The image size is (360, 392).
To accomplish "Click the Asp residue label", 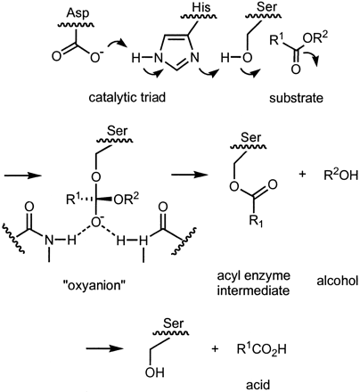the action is coord(78,13).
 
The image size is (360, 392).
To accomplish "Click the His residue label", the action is coord(200,7).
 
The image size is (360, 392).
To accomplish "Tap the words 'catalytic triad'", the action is coord(127,98).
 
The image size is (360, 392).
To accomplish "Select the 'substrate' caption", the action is coord(296,98).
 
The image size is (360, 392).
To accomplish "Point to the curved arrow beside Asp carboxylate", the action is coord(117,45).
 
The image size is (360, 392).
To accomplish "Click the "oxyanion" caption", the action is coord(94,285).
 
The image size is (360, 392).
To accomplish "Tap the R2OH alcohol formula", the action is coord(341,176).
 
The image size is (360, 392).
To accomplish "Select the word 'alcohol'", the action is coord(338,281).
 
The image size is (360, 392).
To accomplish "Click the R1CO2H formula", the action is coord(262,349).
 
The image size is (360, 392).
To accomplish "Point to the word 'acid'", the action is coord(258,385).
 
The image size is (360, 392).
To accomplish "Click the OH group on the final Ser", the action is coord(155,372).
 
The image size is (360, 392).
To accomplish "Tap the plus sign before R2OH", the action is coord(302,175).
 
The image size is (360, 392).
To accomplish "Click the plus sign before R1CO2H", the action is coord(215,348).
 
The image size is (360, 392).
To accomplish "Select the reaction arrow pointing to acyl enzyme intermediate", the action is coord(190,175).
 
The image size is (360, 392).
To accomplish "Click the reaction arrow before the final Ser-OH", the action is coord(104,348).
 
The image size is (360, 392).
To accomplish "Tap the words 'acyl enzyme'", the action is coord(253,276).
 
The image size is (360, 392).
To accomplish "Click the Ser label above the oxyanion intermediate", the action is coord(118,131).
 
